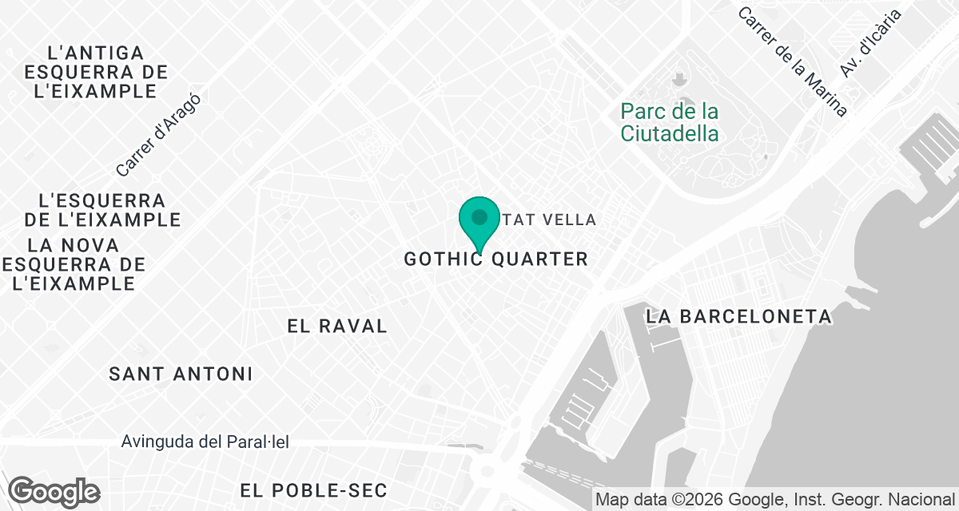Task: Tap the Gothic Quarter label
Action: [x=495, y=259]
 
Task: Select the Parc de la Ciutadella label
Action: [x=670, y=122]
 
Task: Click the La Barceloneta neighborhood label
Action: [x=739, y=317]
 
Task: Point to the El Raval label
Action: [x=337, y=326]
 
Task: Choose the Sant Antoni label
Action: [x=181, y=374]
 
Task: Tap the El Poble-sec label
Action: [x=313, y=490]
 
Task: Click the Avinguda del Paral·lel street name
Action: [x=205, y=442]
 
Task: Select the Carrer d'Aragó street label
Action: [x=157, y=136]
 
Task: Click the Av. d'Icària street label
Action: [x=869, y=43]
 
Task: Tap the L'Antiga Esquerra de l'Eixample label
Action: [x=96, y=72]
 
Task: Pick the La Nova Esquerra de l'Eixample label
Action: [x=74, y=264]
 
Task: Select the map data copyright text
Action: [x=774, y=500]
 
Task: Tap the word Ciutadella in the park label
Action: [x=670, y=133]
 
